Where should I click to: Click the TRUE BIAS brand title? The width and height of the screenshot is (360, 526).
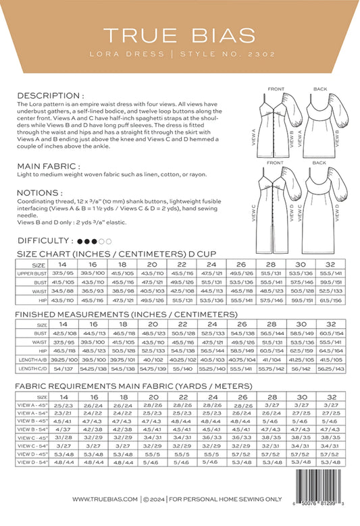180,34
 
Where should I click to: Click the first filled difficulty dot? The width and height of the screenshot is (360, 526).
80,240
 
